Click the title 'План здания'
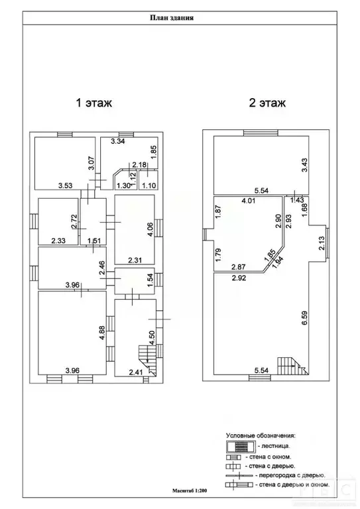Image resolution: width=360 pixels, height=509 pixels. [171, 19]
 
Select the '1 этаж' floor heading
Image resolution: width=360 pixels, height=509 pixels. [93, 103]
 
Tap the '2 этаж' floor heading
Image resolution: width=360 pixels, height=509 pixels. [267, 103]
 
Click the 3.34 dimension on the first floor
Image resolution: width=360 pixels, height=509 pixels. [118, 142]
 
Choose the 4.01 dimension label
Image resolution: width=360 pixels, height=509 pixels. [249, 199]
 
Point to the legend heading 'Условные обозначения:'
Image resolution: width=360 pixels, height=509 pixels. [261, 435]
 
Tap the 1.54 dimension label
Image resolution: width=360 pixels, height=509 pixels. [150, 278]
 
